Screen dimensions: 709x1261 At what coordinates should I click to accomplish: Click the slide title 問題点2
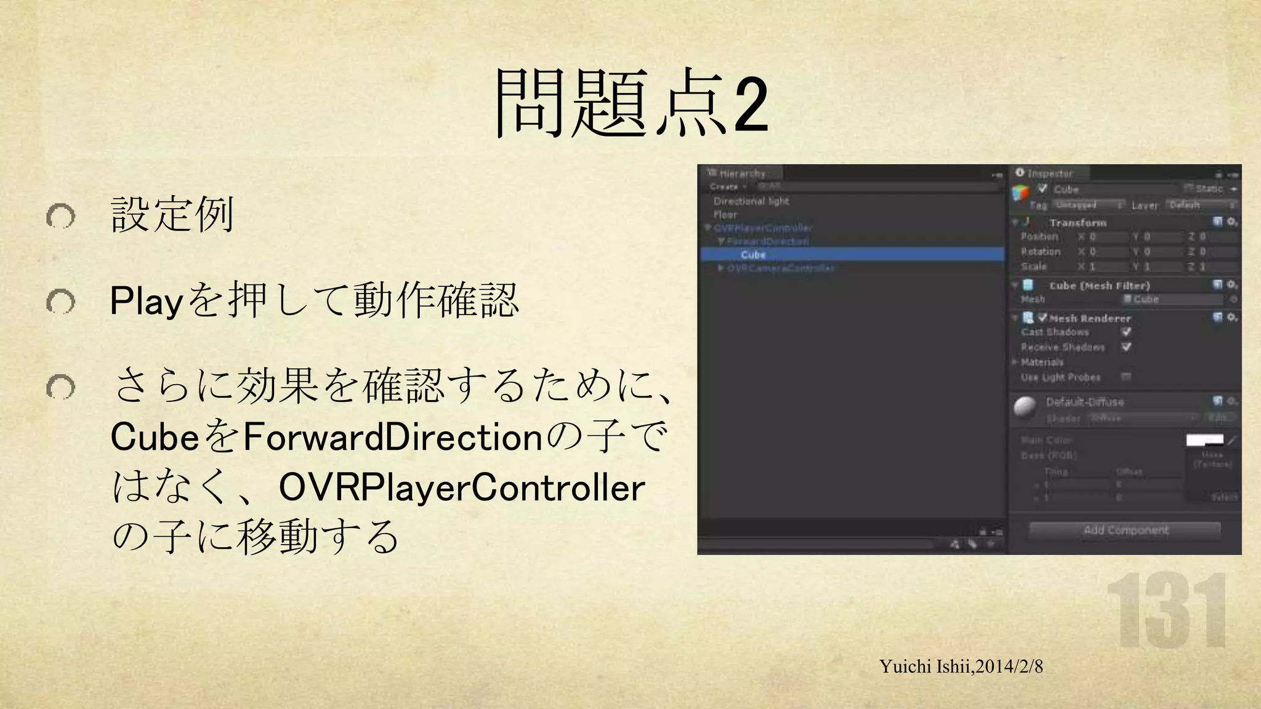631,103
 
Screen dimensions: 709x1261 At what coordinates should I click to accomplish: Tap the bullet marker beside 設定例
60,216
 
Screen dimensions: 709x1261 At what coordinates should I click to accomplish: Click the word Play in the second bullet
147,302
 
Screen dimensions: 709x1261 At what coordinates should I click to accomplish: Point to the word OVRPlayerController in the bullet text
462,487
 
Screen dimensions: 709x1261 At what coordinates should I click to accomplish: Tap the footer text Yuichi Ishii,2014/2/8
961,667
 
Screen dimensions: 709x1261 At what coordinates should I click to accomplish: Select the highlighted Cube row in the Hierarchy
754,255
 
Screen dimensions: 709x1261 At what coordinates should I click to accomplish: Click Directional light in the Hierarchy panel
751,201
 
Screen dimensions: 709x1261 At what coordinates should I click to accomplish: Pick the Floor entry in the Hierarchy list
725,215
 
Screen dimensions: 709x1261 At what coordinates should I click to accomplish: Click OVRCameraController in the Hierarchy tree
780,268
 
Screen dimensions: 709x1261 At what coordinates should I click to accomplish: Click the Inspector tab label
1049,174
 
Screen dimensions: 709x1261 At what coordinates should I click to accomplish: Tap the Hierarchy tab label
742,174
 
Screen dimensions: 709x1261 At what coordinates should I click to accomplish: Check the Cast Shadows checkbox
1126,332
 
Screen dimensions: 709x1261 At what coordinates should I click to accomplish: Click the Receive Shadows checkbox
1126,347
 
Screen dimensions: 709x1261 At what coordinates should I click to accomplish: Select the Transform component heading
1078,223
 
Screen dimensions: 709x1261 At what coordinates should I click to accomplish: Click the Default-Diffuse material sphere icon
1025,407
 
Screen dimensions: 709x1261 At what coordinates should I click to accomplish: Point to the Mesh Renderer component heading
1090,318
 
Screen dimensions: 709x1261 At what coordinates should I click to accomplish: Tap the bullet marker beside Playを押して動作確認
60,302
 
